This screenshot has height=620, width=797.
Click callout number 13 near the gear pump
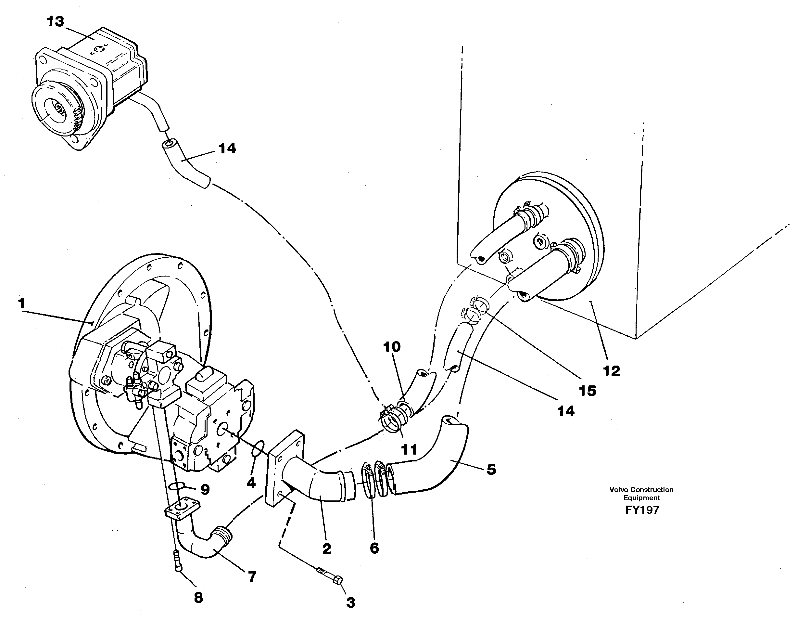point(55,22)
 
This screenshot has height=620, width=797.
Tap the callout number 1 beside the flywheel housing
point(22,303)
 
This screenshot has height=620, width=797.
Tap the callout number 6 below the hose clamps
point(374,548)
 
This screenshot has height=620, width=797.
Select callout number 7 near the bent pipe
point(252,576)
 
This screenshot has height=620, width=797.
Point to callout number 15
point(587,391)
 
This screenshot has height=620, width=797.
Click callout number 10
point(392,347)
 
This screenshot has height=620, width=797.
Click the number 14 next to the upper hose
point(227,149)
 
